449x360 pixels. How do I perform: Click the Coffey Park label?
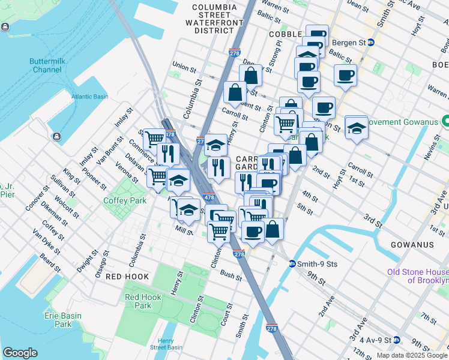point(121,200)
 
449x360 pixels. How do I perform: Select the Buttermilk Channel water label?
point(46,65)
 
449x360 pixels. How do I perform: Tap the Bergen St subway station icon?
point(371,42)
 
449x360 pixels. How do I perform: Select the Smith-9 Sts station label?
point(311,263)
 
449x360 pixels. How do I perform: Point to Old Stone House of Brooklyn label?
point(418,276)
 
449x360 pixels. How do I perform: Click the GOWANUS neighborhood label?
point(412,245)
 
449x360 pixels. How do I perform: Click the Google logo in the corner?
point(20,353)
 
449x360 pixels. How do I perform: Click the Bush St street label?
point(231,275)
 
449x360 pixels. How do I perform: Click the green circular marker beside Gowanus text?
point(445,121)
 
